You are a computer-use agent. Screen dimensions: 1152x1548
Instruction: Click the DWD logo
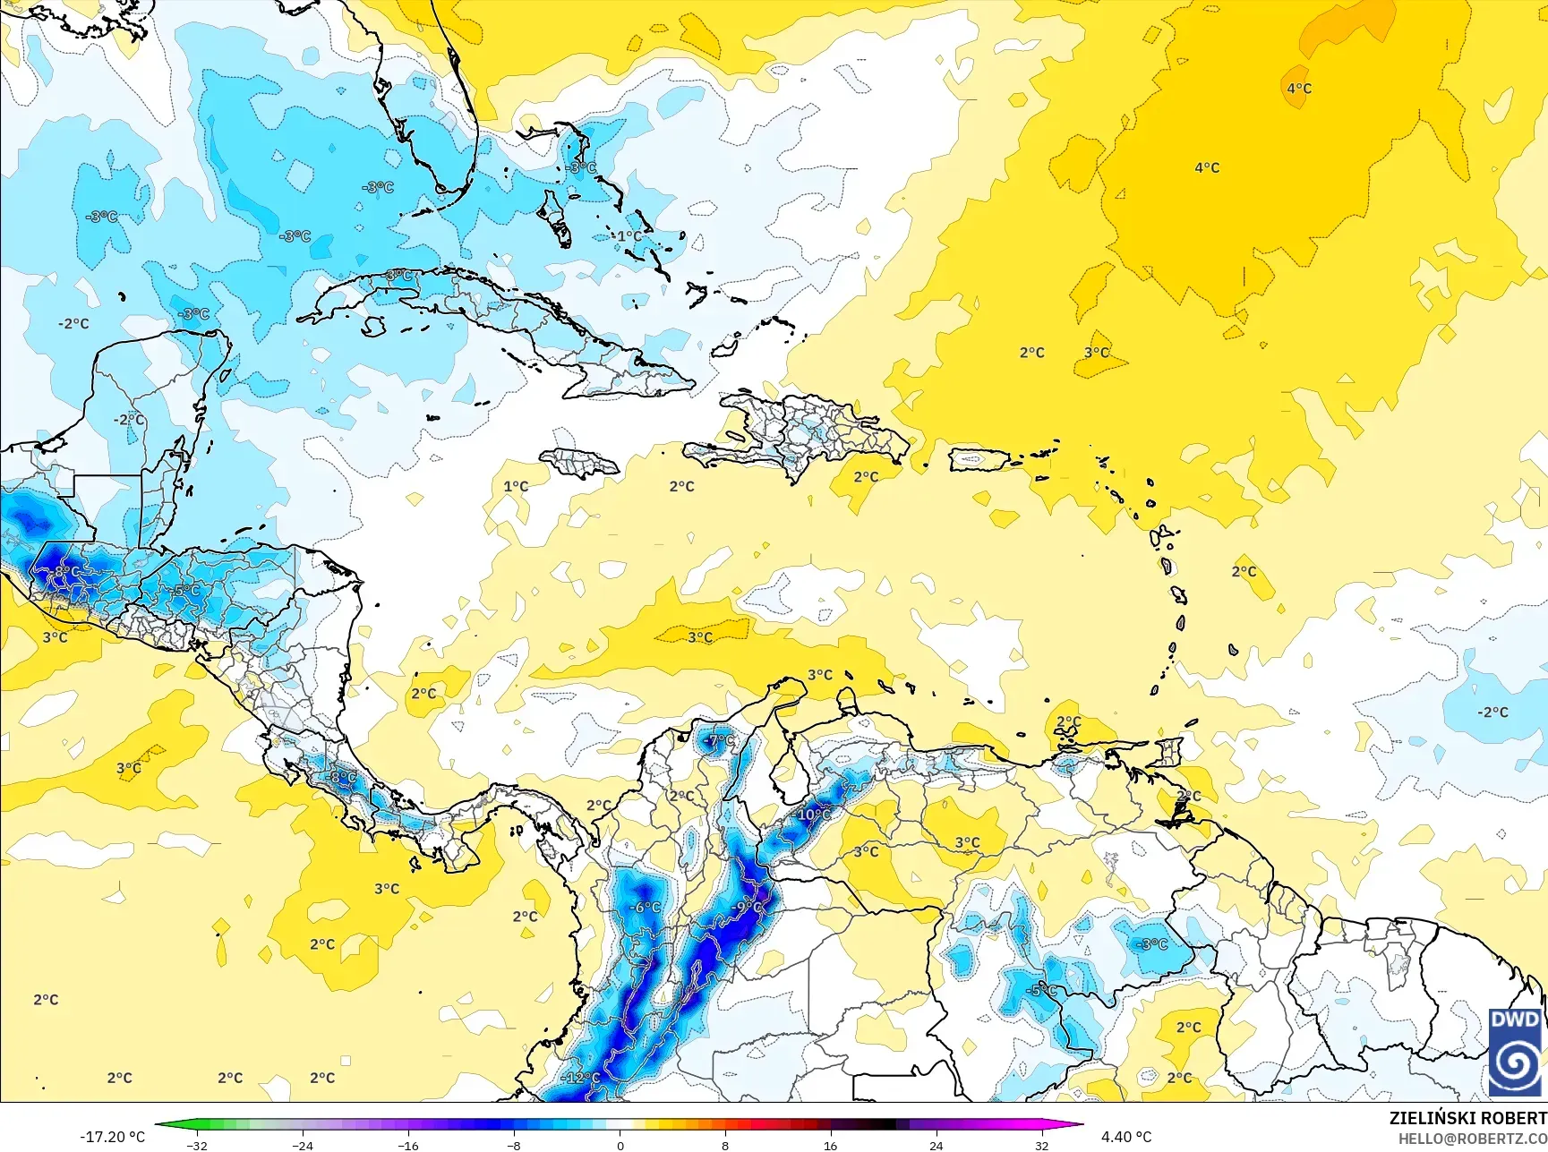pos(1516,1052)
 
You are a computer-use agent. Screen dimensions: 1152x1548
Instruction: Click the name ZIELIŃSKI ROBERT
pos(1467,1118)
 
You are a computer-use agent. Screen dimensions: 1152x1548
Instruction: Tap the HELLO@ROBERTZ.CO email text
pos(1473,1138)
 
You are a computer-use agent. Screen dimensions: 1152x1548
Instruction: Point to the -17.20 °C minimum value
pos(112,1137)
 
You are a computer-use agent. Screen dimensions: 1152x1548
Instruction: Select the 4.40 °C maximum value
pos(1126,1137)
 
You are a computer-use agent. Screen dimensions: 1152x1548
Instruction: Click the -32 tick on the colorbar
pos(198,1145)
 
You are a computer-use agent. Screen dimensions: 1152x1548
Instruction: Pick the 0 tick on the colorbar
pos(620,1145)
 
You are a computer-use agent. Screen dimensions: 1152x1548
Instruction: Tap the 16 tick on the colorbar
pos(830,1145)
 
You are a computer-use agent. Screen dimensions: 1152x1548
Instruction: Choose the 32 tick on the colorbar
pos(1041,1145)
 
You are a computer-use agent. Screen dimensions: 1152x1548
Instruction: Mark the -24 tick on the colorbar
pos(303,1145)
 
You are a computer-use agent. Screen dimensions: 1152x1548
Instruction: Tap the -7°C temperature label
pos(719,741)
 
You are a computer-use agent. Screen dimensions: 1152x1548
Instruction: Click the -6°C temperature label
pos(645,907)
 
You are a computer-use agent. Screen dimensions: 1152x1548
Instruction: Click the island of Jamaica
pos(580,463)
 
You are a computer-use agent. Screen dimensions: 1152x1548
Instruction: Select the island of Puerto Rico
pos(978,460)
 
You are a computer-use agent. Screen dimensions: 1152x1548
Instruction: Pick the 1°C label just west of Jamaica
pos(516,486)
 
